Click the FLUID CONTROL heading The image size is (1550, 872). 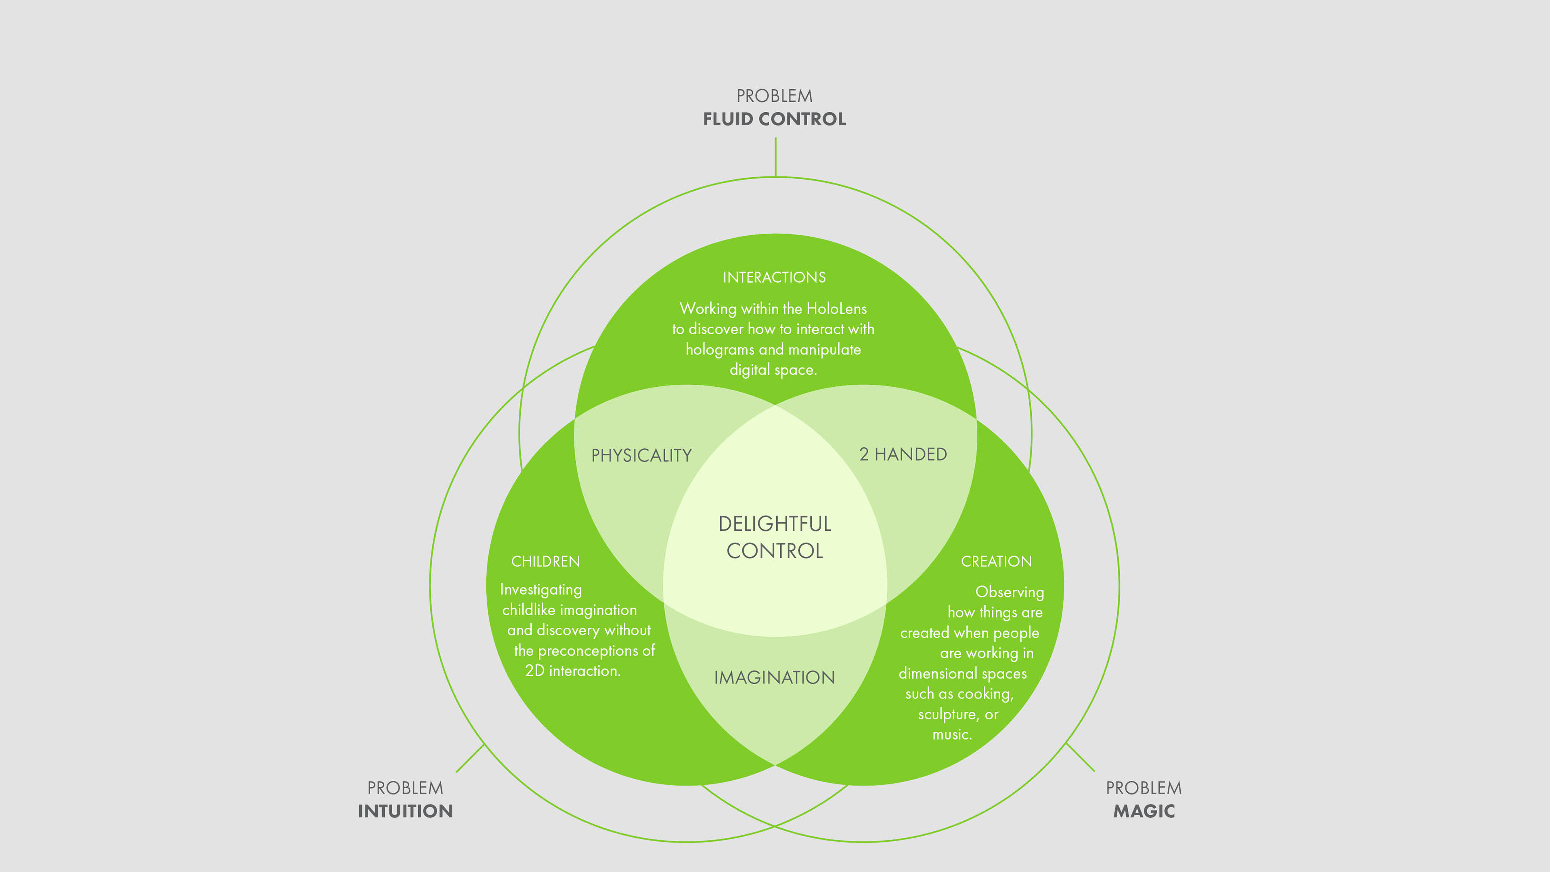(775, 119)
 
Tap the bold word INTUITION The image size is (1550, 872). (405, 811)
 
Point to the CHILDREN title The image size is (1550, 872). (545, 562)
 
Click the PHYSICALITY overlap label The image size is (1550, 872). (641, 455)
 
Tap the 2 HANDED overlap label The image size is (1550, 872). (903, 454)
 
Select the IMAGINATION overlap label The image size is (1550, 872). (775, 678)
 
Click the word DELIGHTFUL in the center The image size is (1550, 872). (775, 524)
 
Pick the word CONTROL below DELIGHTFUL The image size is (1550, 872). (775, 551)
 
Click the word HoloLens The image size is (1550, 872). (836, 309)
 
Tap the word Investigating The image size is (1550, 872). (541, 590)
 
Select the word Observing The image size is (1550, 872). (1009, 593)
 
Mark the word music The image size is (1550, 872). (952, 735)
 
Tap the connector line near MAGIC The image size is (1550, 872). (1080, 758)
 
